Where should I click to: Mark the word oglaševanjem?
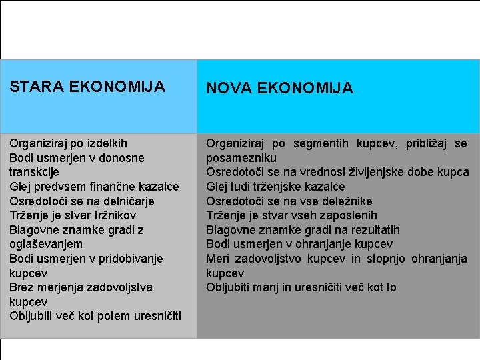(46, 244)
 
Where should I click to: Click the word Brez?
(21, 287)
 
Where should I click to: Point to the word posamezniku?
(241, 158)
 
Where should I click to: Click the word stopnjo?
(387, 259)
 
